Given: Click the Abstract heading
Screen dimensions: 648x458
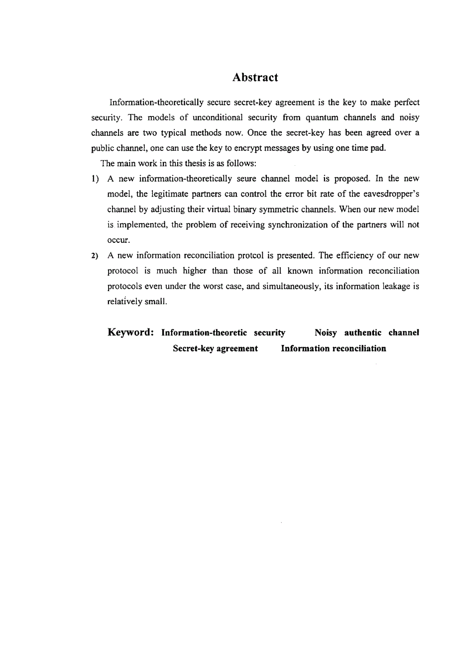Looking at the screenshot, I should (255, 78).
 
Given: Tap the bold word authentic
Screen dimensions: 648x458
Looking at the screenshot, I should (363, 332).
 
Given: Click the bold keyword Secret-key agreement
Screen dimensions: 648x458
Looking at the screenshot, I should (215, 348).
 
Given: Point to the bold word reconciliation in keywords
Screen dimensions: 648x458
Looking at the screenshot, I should (359, 348).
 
